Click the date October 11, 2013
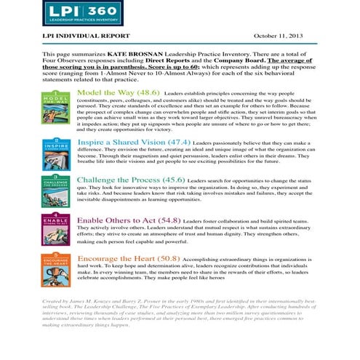click(283, 36)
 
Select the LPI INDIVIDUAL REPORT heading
click(86, 36)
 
